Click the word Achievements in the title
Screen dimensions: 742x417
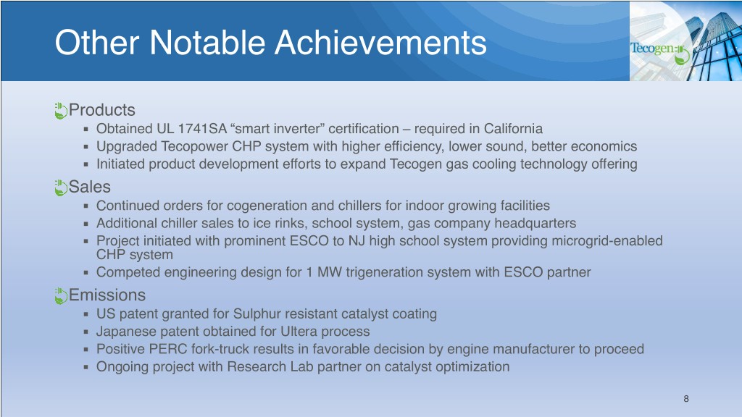tap(380, 43)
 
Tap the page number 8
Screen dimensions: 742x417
tap(686, 399)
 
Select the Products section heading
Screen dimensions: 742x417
tap(101, 110)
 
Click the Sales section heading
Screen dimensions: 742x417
tap(89, 187)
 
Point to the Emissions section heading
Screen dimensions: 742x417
tap(107, 295)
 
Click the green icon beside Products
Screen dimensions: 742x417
tap(61, 111)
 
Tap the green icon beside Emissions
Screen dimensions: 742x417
tap(61, 295)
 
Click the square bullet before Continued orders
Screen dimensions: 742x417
tap(86, 206)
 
